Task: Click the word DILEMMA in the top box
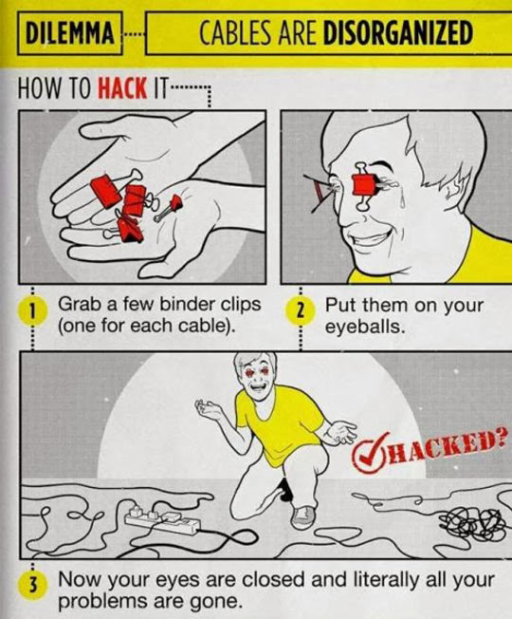pos(69,33)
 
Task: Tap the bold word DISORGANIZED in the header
pos(397,33)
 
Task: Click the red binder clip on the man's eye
pos(362,186)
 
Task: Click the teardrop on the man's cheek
pos(401,201)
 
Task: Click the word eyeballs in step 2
pos(365,327)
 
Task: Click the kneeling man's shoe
pos(303,516)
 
